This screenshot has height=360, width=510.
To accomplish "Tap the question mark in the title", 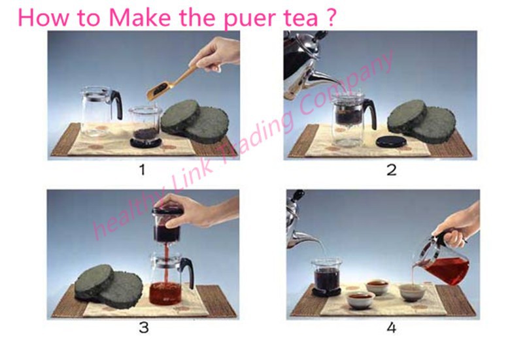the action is coord(330,17).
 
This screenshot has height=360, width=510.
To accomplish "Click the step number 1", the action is coord(142,170).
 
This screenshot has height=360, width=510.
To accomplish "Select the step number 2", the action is coord(392,170).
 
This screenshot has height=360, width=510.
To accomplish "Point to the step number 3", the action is coord(143,327).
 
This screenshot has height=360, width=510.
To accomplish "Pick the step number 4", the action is coord(392,327).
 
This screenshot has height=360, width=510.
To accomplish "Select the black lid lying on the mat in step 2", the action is coord(391,142).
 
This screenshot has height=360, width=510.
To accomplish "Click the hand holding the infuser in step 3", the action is coord(198,211).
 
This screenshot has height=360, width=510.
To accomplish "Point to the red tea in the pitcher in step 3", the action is coord(165,293).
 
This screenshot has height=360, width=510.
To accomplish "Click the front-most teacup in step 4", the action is coord(361,300).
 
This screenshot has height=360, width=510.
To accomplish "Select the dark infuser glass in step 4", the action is coord(326,276).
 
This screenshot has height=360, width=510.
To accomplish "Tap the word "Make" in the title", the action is coord(140,18).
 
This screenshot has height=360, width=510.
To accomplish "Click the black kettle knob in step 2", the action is coord(319,35).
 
